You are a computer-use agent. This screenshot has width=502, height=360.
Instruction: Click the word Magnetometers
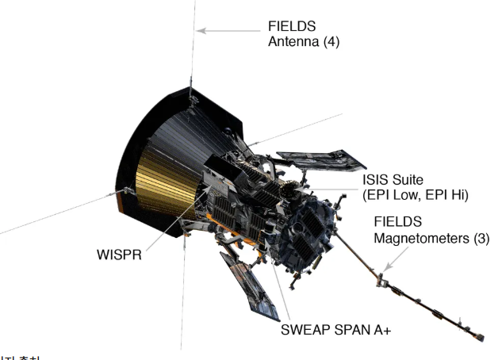coord(418,239)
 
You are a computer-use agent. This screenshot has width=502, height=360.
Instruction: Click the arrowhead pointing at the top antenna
coord(201,31)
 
